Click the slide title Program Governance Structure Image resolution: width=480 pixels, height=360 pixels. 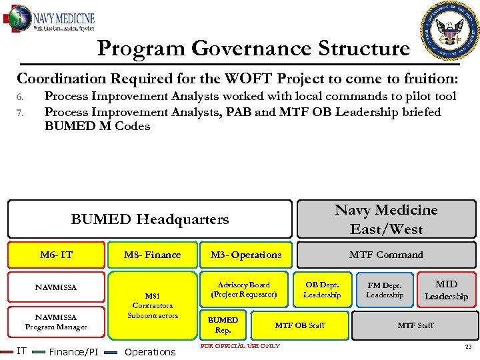(x=253, y=49)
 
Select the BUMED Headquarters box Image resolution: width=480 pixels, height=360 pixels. (x=149, y=219)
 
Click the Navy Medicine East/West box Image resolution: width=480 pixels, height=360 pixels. (x=386, y=219)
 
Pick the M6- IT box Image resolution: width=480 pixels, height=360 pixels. (x=56, y=255)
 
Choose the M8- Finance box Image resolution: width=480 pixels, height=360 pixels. (x=153, y=255)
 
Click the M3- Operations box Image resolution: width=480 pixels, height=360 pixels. (x=246, y=255)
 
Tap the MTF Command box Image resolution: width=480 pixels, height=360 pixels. (x=386, y=255)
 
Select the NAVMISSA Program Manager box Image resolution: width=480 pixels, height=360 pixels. (x=56, y=322)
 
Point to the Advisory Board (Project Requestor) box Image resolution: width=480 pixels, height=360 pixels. (x=243, y=289)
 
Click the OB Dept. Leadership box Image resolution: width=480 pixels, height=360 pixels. (x=322, y=290)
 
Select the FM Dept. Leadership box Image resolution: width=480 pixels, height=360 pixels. (x=385, y=290)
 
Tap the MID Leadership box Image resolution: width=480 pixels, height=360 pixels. (x=446, y=291)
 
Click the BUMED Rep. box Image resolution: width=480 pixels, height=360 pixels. (x=223, y=325)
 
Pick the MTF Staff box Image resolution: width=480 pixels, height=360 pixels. (x=415, y=325)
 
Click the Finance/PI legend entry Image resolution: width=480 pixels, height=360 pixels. (x=74, y=352)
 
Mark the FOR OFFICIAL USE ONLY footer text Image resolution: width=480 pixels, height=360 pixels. (x=240, y=346)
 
